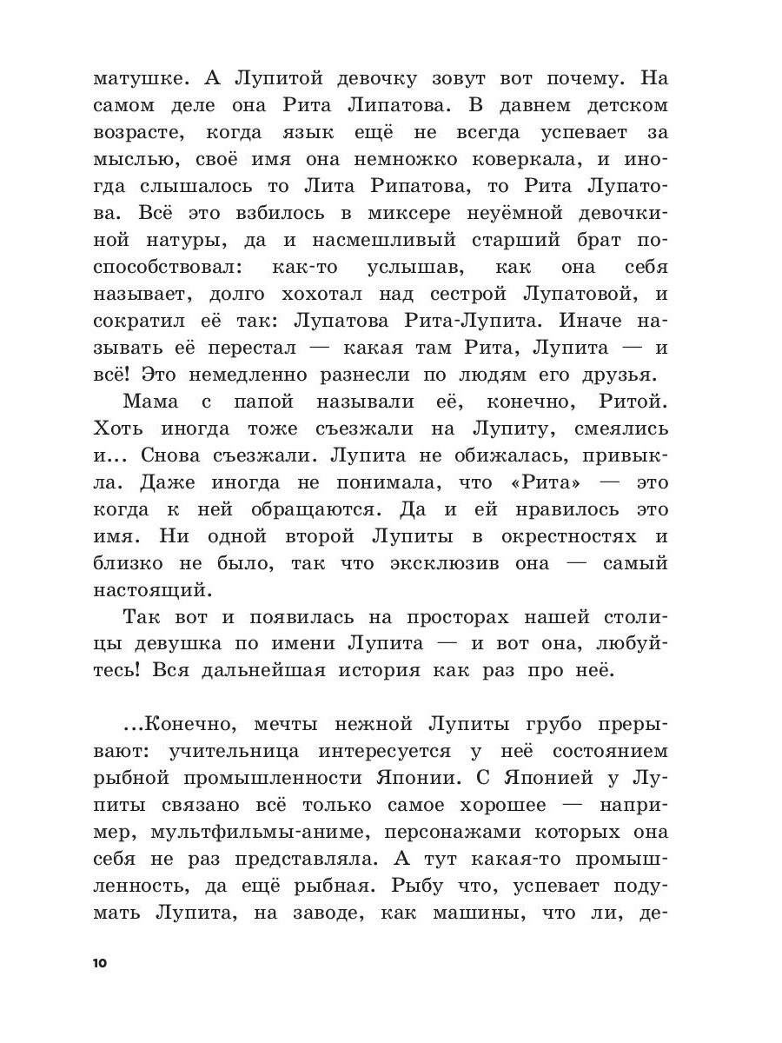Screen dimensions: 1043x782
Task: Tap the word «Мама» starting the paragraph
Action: [x=151, y=402]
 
